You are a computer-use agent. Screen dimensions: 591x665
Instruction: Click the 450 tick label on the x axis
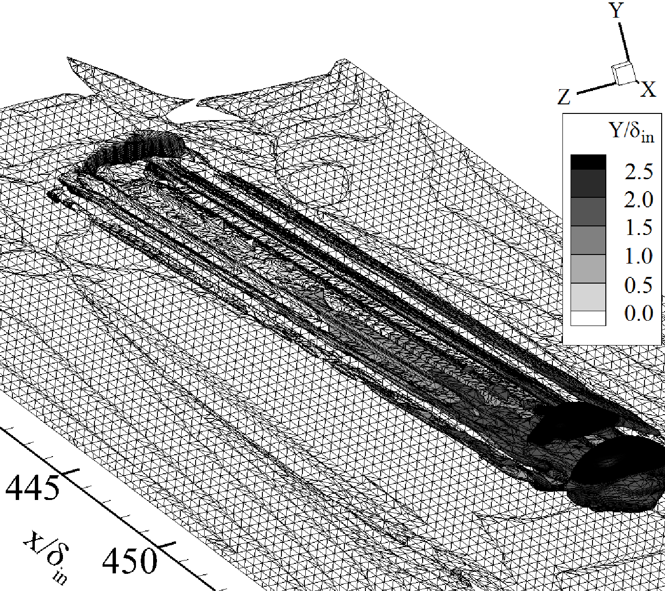pyautogui.click(x=129, y=560)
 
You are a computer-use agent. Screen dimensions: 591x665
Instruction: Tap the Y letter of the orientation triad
pyautogui.click(x=617, y=10)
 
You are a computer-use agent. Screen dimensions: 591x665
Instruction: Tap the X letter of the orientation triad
pyautogui.click(x=648, y=90)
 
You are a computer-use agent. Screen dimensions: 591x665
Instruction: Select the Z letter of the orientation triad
pyautogui.click(x=564, y=97)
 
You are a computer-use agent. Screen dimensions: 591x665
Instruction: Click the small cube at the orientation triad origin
pyautogui.click(x=623, y=74)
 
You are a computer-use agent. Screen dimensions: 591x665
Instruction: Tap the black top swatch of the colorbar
pyautogui.click(x=588, y=162)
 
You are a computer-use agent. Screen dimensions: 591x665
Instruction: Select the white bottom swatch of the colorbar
pyautogui.click(x=588, y=318)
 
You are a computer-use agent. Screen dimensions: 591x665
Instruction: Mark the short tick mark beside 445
pyautogui.click(x=70, y=472)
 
